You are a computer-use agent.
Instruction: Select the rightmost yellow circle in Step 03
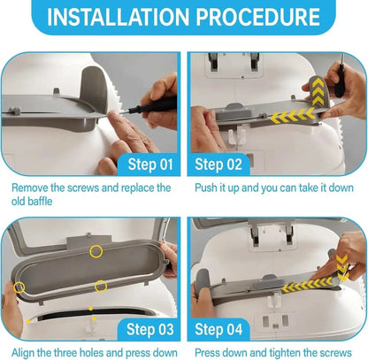(102, 286)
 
